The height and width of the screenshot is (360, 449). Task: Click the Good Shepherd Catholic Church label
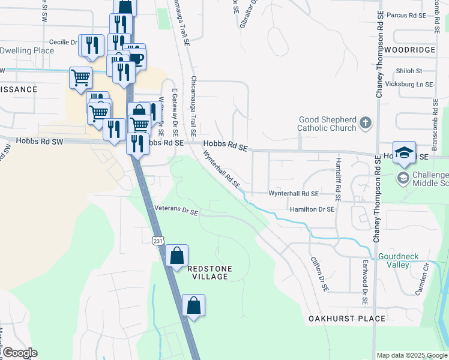[x=328, y=124]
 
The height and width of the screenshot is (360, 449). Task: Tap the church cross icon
[x=366, y=124]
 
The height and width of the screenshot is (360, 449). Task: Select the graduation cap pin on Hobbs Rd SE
[x=405, y=152]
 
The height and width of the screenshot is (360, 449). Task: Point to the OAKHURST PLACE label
[x=347, y=319]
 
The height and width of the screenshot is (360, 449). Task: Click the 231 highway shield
[x=157, y=240]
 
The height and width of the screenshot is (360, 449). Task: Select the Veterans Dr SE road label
[x=176, y=211]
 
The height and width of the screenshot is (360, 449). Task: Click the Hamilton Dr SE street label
[x=312, y=209]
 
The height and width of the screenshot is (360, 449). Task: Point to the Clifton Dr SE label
[x=319, y=274]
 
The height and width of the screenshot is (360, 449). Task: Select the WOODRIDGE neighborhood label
[x=411, y=50]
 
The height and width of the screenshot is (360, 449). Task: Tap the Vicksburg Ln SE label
[x=409, y=85]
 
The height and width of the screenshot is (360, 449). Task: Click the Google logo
[x=19, y=353]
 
